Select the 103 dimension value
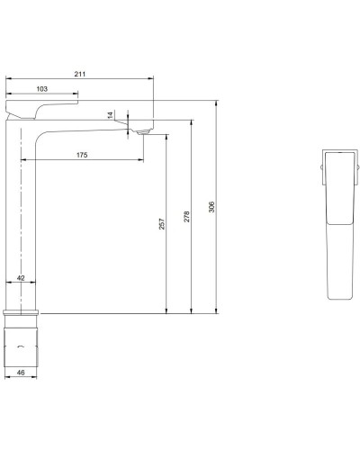[x=40, y=89]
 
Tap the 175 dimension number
[x=81, y=156]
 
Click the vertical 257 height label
[x=160, y=225]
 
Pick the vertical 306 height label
[x=211, y=207]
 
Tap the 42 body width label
[x=21, y=280]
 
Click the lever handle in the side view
[x=40, y=108]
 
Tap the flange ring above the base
[x=23, y=315]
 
